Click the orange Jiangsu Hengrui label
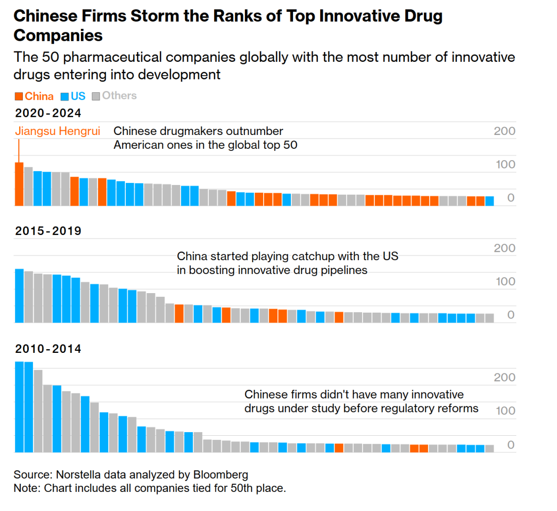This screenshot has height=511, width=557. click(57, 131)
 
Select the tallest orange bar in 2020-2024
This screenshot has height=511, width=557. click(19, 184)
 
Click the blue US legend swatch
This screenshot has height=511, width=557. click(65, 96)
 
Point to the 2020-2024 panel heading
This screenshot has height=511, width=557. click(48, 113)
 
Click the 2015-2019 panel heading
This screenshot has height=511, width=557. click(48, 231)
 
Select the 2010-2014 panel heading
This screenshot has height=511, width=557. click(48, 349)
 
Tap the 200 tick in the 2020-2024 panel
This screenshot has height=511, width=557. click(504, 131)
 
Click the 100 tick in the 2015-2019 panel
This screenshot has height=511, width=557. click(504, 282)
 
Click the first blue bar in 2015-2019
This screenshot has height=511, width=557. click(19, 296)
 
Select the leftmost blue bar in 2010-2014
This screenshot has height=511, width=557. click(19, 407)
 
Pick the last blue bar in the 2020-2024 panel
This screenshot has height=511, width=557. click(489, 201)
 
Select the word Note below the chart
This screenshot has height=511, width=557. click(25, 488)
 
